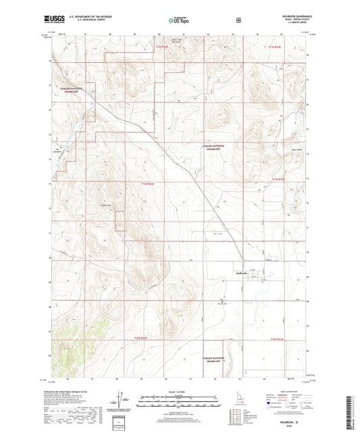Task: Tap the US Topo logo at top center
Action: pyautogui.click(x=179, y=21)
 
